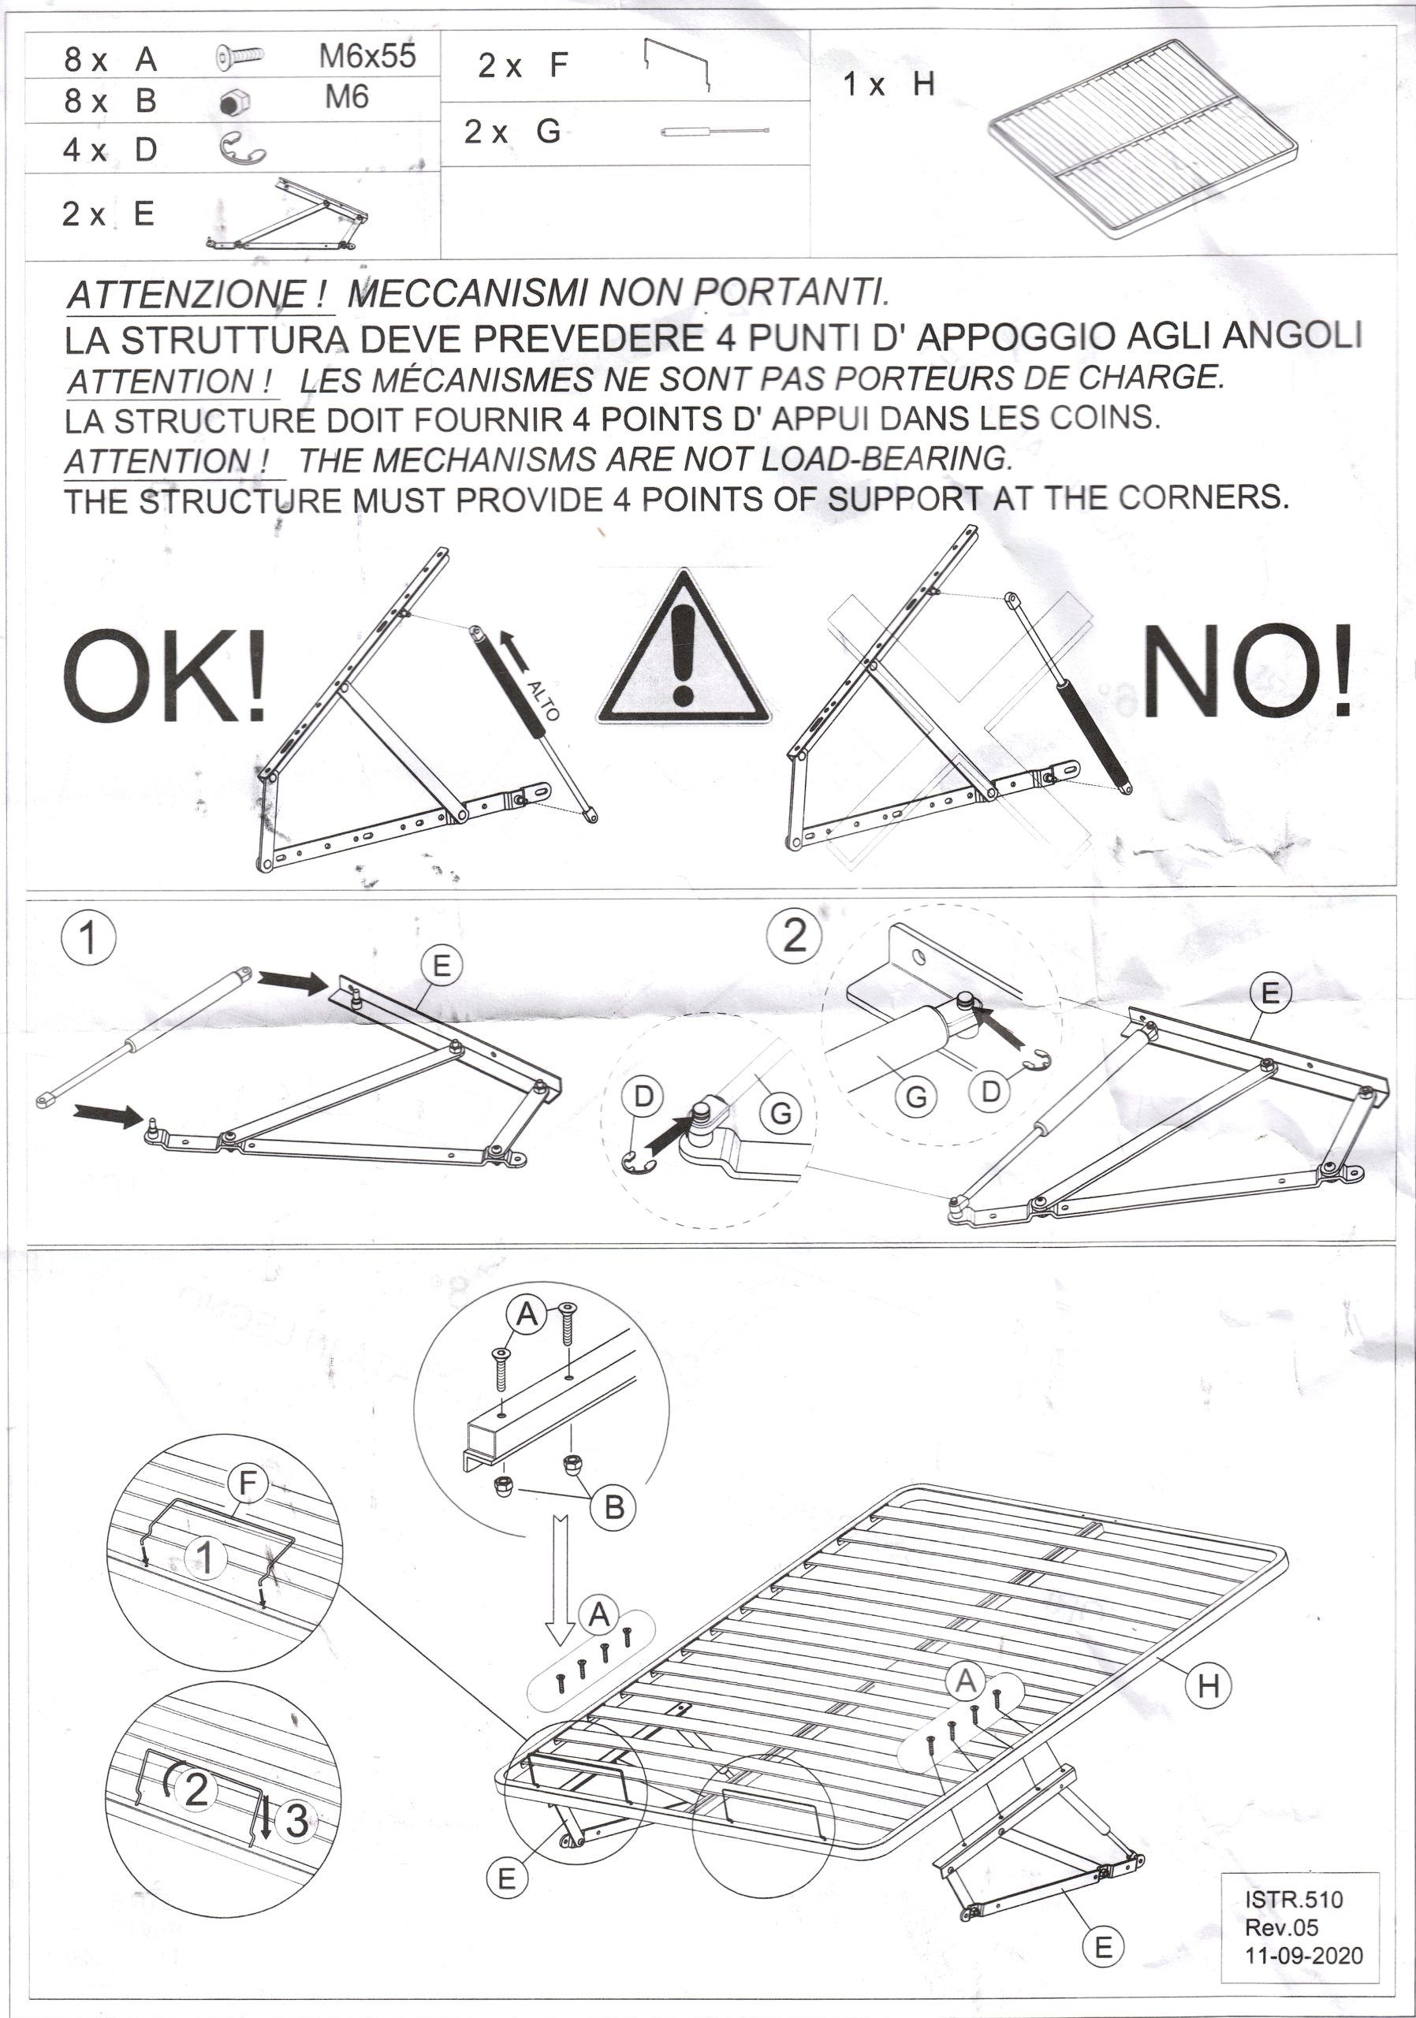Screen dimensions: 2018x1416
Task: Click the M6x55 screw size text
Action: coord(367,56)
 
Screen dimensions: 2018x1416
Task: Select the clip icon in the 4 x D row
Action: coord(240,147)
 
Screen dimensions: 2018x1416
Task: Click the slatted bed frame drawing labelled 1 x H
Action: coord(1145,139)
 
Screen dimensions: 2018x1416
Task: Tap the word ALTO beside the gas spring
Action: coord(542,701)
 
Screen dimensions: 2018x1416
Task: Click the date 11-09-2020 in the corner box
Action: coord(1303,1956)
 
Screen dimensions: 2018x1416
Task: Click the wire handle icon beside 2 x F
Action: coord(676,66)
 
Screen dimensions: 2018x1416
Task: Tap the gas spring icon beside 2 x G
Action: coord(715,132)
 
